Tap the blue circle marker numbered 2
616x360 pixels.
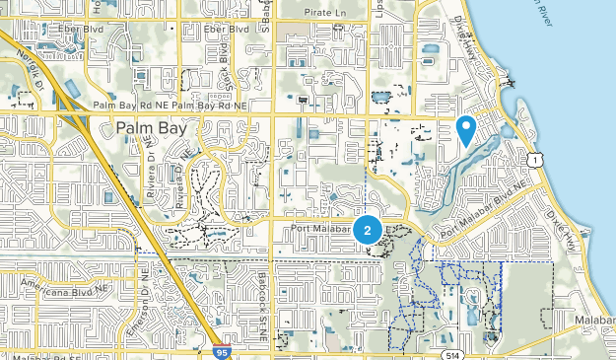pyautogui.click(x=368, y=231)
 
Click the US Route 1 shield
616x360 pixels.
pyautogui.click(x=532, y=159)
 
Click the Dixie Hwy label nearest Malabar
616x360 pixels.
pyautogui.click(x=572, y=230)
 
